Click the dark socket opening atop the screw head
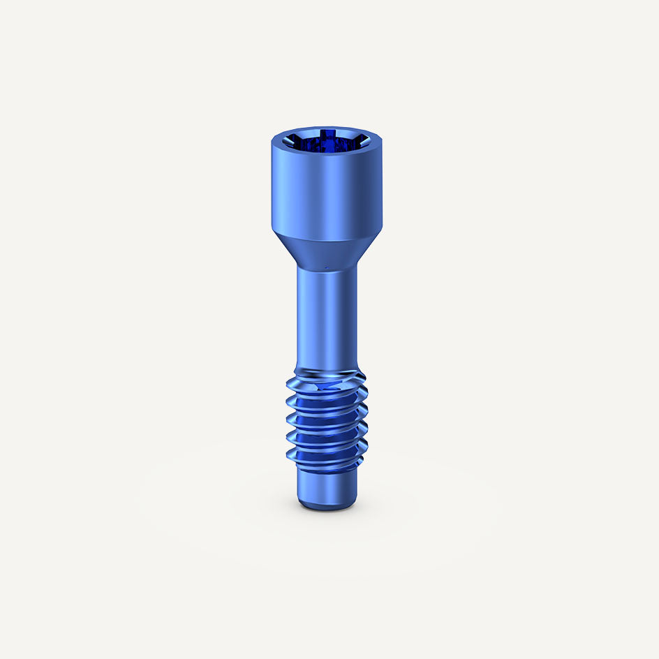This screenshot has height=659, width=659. pos(325,144)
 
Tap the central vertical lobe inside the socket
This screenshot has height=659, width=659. pos(325,140)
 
